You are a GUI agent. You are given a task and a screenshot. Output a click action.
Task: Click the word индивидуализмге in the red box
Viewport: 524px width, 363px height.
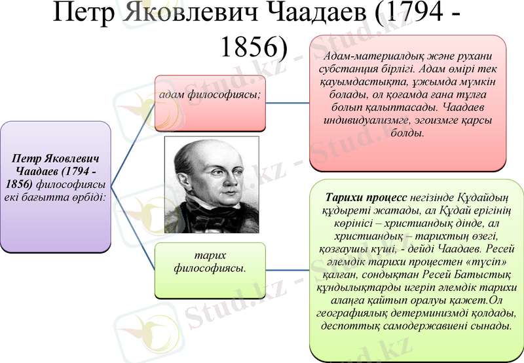pyautogui.click(x=364, y=121)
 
